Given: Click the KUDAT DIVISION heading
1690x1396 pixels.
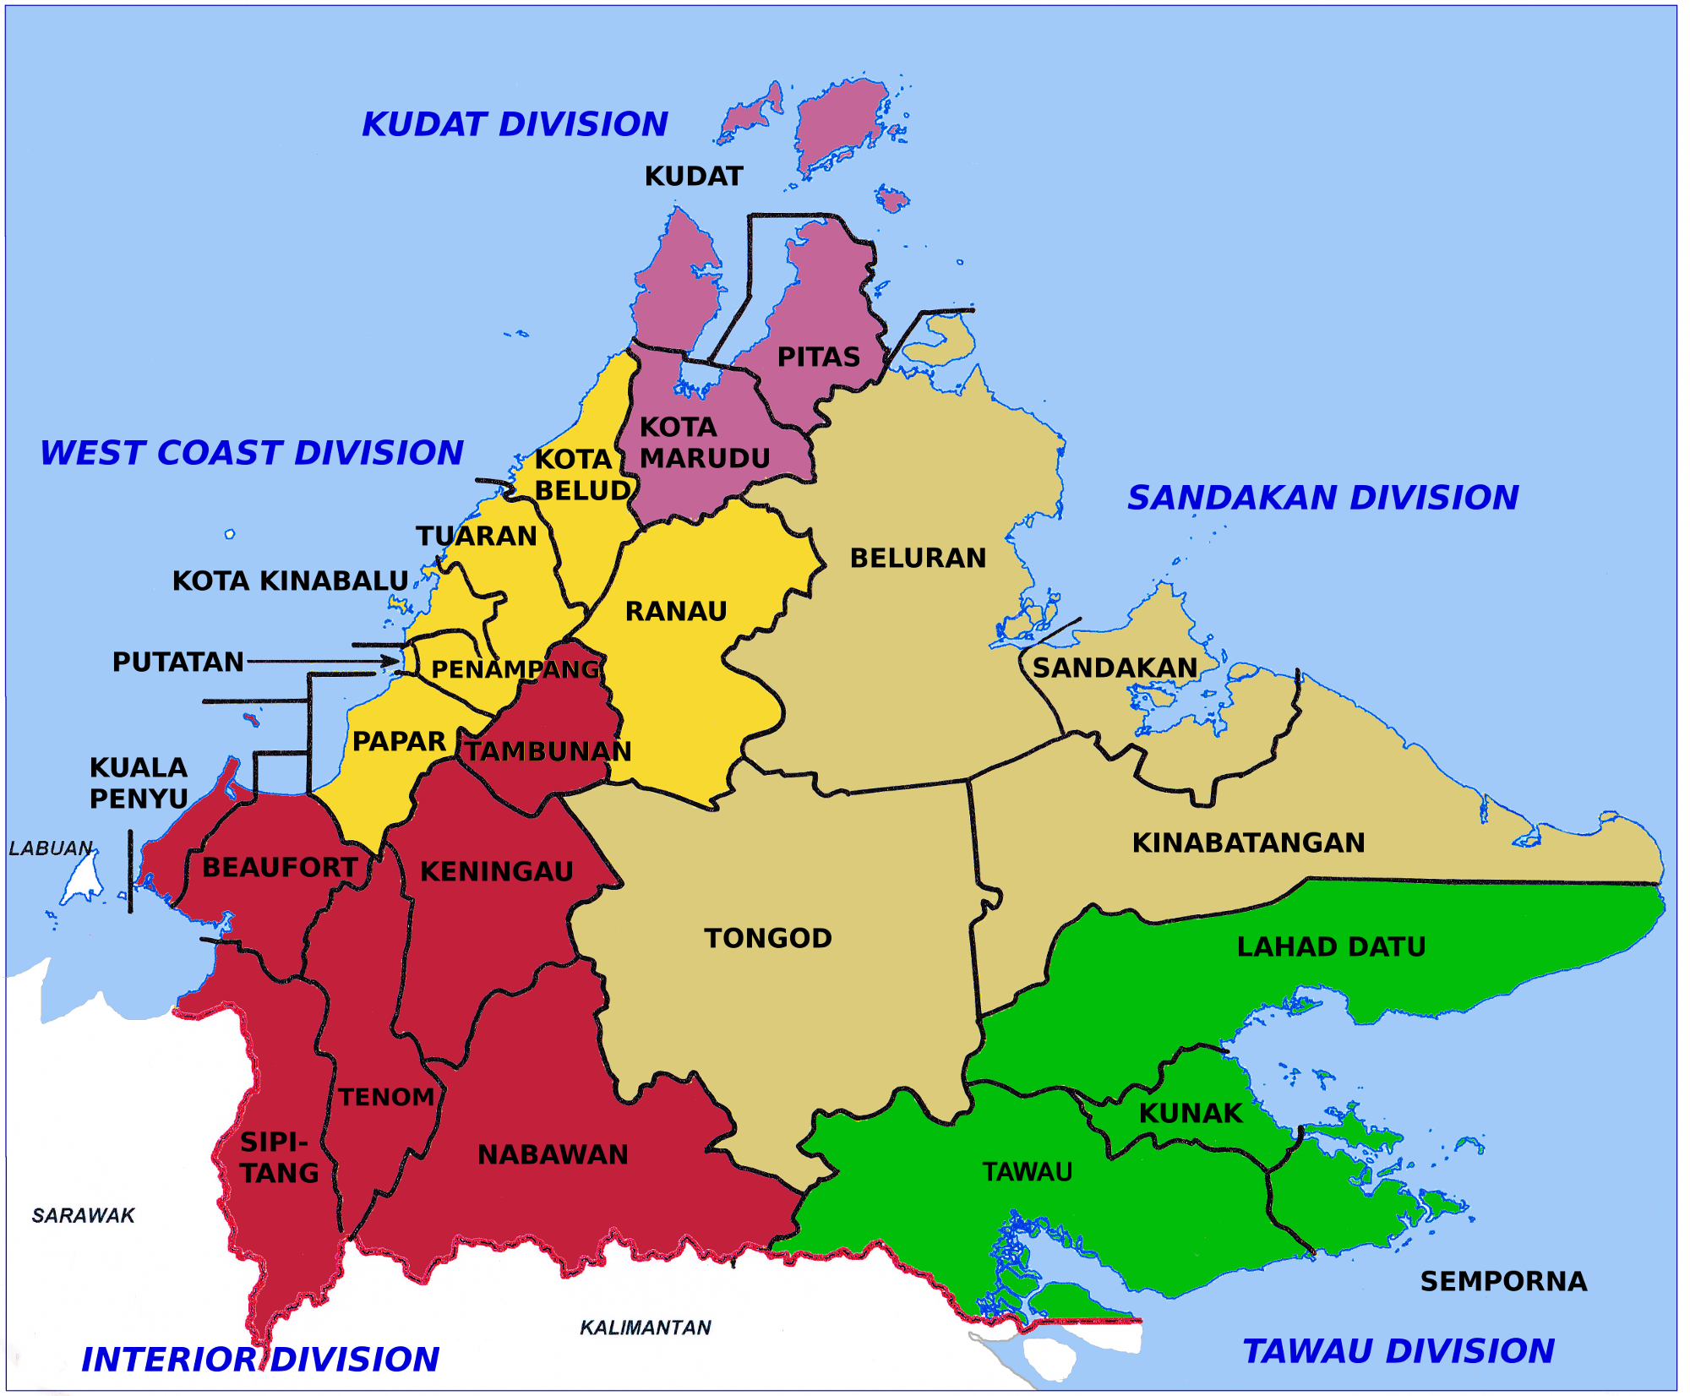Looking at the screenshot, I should point(515,124).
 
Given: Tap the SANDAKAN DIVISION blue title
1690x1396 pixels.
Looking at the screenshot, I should point(1322,498).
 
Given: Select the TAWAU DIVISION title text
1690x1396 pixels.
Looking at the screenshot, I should point(1398,1351).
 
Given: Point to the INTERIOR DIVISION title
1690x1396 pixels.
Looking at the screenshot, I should point(260,1360).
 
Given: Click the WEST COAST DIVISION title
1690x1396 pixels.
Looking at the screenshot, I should point(252,453).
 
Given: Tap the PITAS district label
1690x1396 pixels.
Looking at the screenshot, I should point(818,357).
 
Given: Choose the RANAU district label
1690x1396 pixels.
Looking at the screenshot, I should point(675,611).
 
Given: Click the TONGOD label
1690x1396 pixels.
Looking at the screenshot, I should point(768,938).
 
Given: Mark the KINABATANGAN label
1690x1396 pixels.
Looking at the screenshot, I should point(1248,843).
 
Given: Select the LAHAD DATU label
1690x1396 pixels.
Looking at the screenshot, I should point(1331,946).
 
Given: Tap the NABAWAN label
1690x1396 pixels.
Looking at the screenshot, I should point(553,1154).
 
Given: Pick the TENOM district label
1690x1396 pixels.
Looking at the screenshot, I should point(386,1097).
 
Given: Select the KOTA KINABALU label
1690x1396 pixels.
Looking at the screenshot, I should point(290,581).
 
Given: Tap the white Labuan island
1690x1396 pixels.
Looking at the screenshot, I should point(83,880).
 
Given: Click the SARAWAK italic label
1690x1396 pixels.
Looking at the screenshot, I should point(83,1215).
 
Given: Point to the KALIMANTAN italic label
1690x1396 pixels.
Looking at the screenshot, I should point(645,1328).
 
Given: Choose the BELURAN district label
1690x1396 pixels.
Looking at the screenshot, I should point(918,558).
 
